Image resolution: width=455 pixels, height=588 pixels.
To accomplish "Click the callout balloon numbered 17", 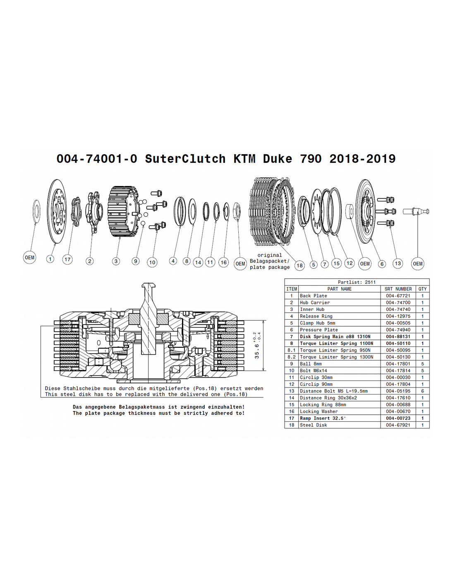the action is click(67, 260).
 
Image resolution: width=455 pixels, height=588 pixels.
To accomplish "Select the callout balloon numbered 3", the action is click(116, 261).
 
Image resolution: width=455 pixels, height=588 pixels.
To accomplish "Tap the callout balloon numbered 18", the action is click(299, 265).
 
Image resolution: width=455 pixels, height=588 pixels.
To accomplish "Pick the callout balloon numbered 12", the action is click(350, 263).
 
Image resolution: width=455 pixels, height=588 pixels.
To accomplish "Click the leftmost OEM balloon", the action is click(29, 257).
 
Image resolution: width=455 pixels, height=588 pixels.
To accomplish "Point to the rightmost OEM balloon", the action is click(418, 263).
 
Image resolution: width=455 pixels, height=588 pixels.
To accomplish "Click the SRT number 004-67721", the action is click(398, 296).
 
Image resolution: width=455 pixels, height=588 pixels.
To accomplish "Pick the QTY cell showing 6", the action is click(422, 391).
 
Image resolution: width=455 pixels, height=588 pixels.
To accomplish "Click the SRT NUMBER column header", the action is click(398, 289).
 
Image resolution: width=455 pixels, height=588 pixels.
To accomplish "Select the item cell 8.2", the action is click(291, 357).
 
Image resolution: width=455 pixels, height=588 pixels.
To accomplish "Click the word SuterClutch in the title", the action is click(185, 158).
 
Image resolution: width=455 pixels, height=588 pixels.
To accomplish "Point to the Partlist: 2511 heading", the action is click(357, 282).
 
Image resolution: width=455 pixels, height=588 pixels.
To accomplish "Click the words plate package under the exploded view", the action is click(270, 267).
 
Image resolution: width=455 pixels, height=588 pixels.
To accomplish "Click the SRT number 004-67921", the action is click(398, 425).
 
